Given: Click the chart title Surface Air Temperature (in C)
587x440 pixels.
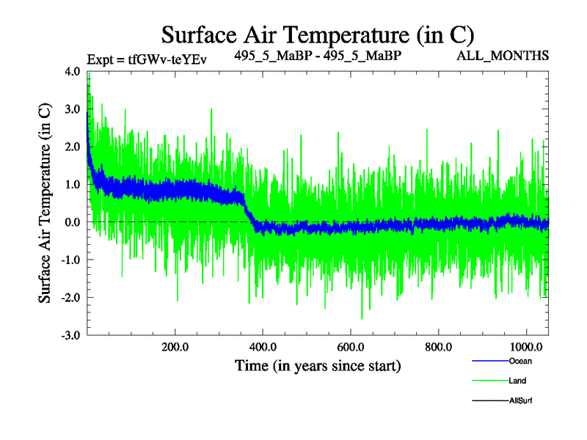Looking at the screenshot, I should pyautogui.click(x=318, y=34).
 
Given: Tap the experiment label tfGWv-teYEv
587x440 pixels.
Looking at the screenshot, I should pyautogui.click(x=147, y=60).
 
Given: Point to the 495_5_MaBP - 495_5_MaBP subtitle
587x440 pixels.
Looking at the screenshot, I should pyautogui.click(x=318, y=56).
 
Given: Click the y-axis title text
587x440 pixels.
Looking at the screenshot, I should pyautogui.click(x=45, y=202).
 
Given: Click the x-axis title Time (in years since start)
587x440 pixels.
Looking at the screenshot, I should pyautogui.click(x=318, y=364).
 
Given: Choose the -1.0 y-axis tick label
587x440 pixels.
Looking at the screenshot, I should pyautogui.click(x=70, y=260).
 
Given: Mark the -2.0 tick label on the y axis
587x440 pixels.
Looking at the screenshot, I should pyautogui.click(x=70, y=297).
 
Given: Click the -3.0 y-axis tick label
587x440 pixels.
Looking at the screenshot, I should pyautogui.click(x=70, y=335).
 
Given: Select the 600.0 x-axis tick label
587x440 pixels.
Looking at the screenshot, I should pyautogui.click(x=350, y=347).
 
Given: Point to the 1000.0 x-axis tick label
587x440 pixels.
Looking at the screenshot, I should pyautogui.click(x=525, y=347).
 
